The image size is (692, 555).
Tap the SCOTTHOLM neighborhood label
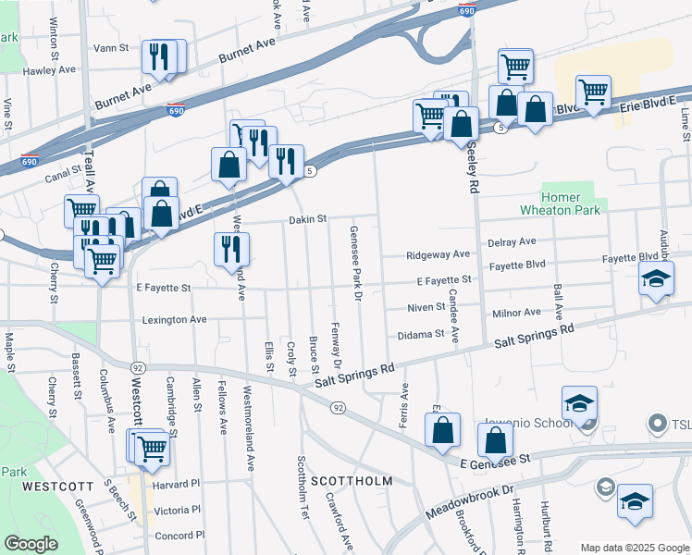[x=351, y=481]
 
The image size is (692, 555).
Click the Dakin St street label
[x=308, y=219]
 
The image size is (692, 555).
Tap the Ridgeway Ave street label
[x=439, y=254]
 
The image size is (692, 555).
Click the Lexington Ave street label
[x=174, y=319]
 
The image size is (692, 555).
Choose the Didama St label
[x=421, y=334]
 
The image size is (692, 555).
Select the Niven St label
[x=426, y=307]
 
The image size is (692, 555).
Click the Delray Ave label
[x=513, y=241]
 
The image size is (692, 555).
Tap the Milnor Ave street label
[x=516, y=313]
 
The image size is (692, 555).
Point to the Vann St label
[x=110, y=47]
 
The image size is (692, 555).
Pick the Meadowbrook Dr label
[x=468, y=500]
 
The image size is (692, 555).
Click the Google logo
[x=31, y=544]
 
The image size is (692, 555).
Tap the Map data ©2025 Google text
[x=634, y=548]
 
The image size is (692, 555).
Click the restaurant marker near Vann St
[x=159, y=57]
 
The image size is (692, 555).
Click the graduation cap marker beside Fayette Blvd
[x=655, y=277]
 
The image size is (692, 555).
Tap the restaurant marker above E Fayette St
[x=231, y=249]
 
